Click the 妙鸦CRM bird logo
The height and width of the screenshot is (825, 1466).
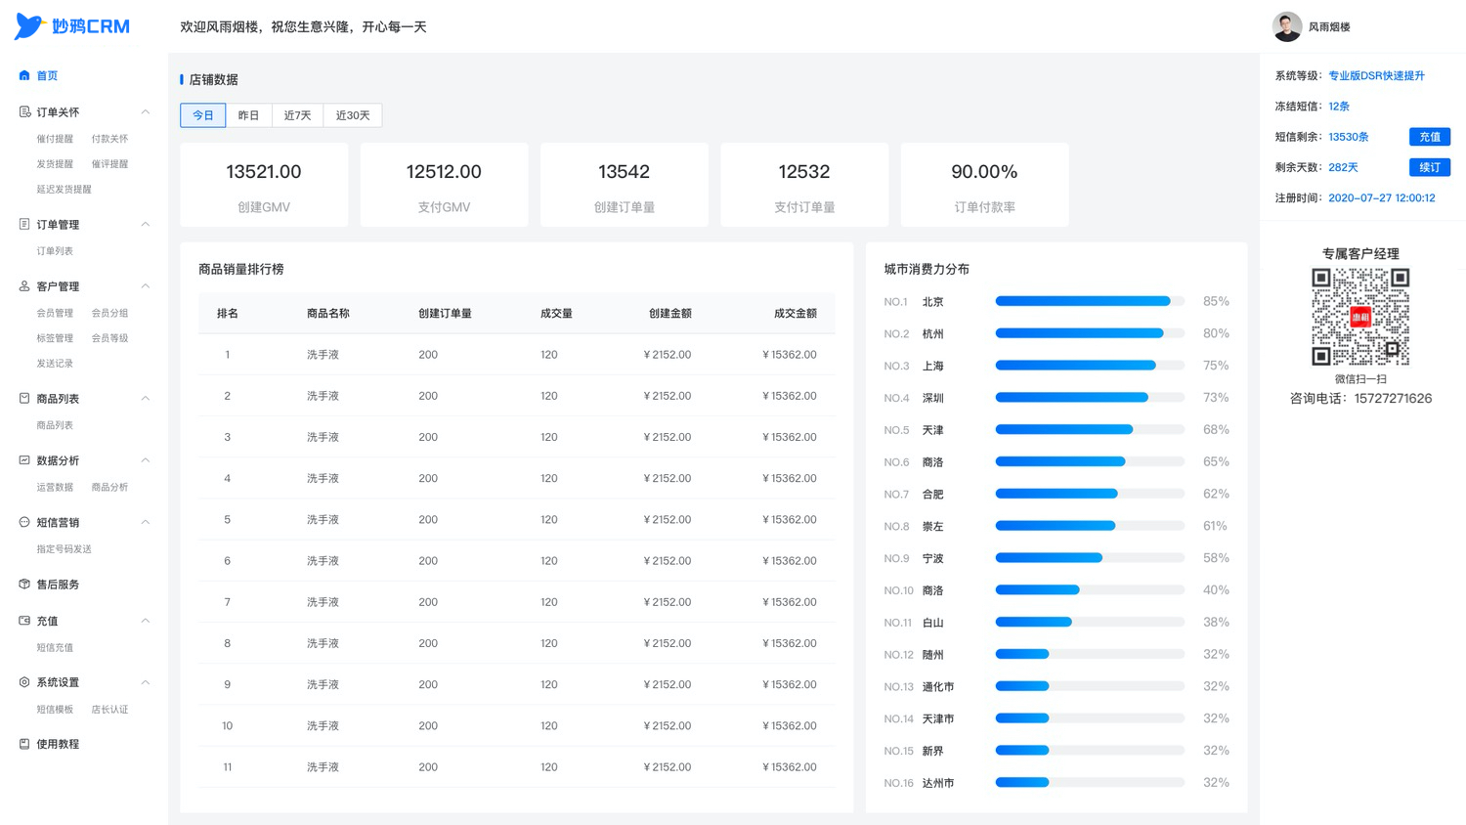click(x=29, y=25)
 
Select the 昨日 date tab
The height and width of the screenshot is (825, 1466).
click(x=248, y=115)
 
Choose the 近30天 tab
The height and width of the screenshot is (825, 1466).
click(x=353, y=115)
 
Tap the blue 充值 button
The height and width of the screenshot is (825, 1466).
click(x=1429, y=137)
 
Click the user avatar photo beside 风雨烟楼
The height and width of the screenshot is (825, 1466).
click(x=1287, y=26)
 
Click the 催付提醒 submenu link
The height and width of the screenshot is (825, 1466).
click(x=55, y=139)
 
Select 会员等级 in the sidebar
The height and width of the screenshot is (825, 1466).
click(x=109, y=338)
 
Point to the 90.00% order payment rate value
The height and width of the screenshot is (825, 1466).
click(x=984, y=171)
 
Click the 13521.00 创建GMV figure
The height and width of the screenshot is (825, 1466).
click(x=264, y=171)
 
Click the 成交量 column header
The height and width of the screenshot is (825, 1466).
click(x=556, y=313)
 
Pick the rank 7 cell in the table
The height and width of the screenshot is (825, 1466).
click(x=227, y=602)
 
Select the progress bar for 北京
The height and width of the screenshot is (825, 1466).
click(x=1090, y=301)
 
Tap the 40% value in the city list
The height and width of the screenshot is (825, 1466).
click(x=1216, y=590)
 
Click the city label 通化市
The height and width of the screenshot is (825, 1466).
click(x=938, y=686)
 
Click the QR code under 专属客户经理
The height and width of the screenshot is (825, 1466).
click(x=1360, y=317)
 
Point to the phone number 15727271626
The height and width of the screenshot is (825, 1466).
click(x=1393, y=398)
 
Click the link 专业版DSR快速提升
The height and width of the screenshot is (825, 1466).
click(x=1376, y=76)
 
